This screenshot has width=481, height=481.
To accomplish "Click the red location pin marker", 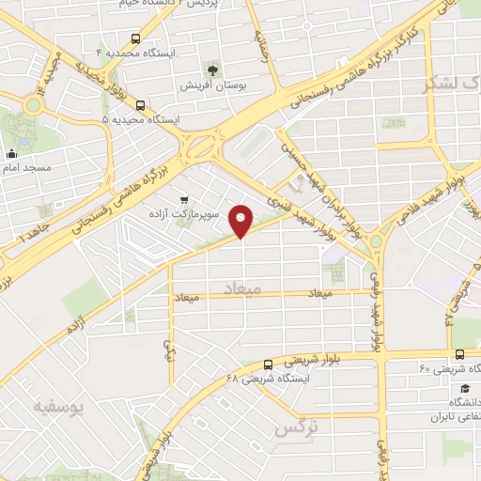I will pyautogui.click(x=242, y=220).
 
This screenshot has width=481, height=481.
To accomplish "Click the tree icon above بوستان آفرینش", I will pyautogui.click(x=215, y=70).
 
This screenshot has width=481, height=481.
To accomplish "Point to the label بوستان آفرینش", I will pyautogui.click(x=214, y=85).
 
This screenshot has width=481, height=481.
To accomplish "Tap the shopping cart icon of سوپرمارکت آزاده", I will pyautogui.click(x=183, y=199).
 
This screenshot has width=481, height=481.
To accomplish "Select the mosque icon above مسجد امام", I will pyautogui.click(x=12, y=154).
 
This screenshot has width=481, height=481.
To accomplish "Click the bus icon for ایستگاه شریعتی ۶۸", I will pyautogui.click(x=268, y=365).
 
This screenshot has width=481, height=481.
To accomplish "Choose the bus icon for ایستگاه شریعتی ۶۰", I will pyautogui.click(x=459, y=354).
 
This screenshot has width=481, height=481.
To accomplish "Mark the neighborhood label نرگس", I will pyautogui.click(x=290, y=429).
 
